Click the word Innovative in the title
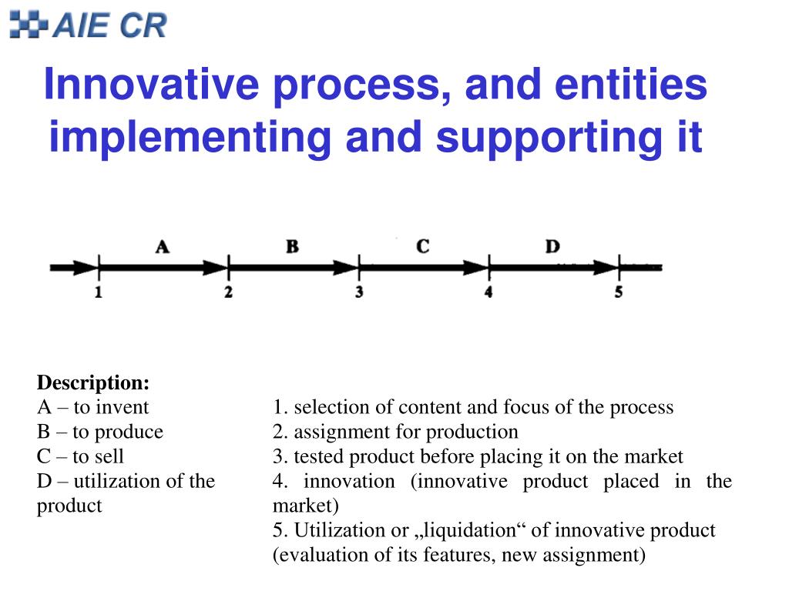[x=150, y=85]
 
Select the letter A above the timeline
[x=162, y=247]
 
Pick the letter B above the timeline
[x=292, y=247]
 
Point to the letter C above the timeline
[x=422, y=247]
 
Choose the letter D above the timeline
[x=552, y=247]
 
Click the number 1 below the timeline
[x=99, y=293]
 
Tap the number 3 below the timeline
[x=359, y=293]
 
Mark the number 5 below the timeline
[x=619, y=293]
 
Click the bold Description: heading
[x=93, y=382]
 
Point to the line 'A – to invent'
[x=92, y=407]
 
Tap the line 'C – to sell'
[x=80, y=456]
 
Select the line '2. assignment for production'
[x=395, y=432]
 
